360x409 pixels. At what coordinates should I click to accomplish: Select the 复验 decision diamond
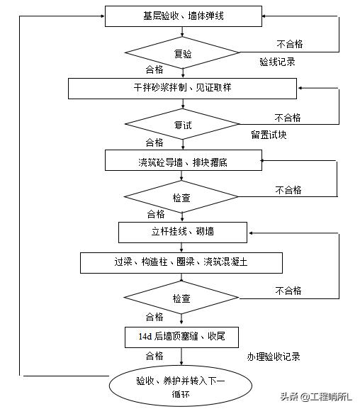[182, 53]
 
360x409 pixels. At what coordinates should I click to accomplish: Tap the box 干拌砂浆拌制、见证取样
[182, 88]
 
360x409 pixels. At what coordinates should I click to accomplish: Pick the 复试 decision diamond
[182, 124]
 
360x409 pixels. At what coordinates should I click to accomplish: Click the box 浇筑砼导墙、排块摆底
[183, 160]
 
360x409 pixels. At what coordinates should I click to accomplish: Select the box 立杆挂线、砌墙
[183, 231]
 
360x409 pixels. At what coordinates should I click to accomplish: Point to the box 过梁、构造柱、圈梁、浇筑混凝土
[181, 262]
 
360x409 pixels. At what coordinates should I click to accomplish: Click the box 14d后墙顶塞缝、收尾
[182, 335]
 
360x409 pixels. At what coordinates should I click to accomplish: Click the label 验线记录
[277, 62]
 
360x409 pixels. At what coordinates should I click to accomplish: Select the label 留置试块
[269, 134]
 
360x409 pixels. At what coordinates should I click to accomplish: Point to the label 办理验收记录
[274, 357]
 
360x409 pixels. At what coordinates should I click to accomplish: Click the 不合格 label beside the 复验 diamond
[288, 44]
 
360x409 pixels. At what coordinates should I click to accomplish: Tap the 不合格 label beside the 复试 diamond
[287, 118]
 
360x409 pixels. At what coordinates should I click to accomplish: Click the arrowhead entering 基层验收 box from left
[101, 16]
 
